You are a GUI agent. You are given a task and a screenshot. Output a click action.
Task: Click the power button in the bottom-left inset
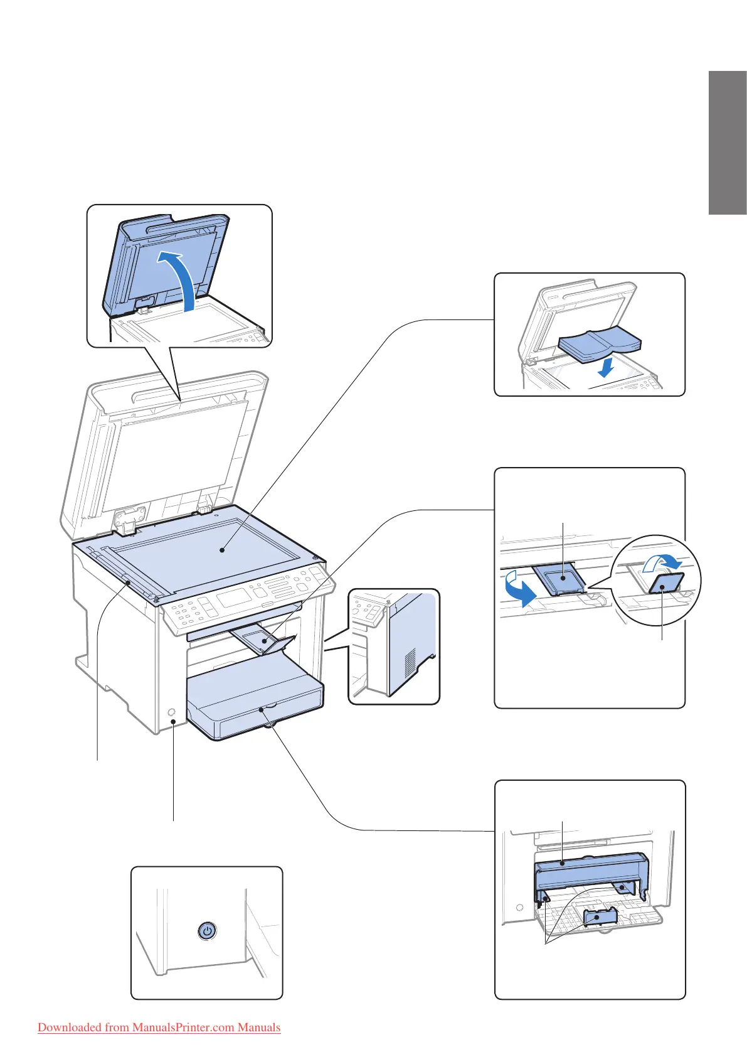pos(207,930)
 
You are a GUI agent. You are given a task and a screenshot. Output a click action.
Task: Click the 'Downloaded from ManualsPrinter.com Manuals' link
pos(159,1027)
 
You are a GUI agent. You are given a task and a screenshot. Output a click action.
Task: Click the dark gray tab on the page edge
pos(728,143)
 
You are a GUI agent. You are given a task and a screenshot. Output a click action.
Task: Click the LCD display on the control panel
pos(234,597)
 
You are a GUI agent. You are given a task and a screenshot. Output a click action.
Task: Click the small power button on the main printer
pos(172,714)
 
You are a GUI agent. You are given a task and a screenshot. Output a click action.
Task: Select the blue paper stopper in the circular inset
pos(666,584)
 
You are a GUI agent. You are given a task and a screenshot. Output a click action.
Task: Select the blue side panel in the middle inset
pos(411,634)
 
